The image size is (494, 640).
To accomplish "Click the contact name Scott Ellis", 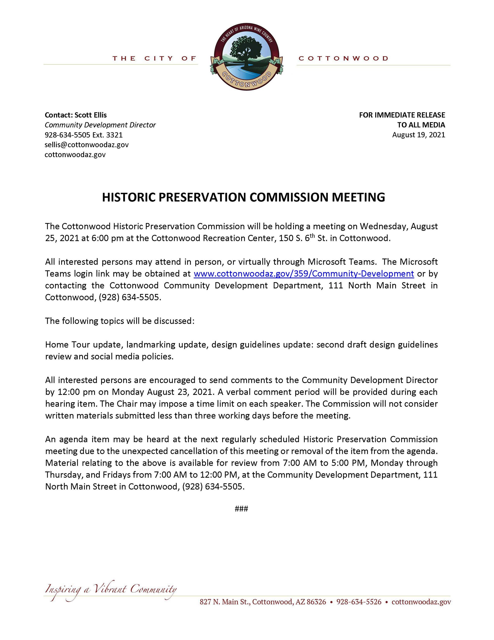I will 90,115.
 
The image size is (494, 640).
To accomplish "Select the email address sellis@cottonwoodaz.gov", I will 86,144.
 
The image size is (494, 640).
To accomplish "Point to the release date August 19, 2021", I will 419,135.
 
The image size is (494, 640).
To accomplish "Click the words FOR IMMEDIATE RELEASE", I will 402,115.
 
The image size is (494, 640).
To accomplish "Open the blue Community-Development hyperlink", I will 303,273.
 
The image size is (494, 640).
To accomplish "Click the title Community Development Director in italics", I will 100,125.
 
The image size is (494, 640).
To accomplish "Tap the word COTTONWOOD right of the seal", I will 343,58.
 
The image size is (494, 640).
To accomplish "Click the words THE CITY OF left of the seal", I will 154,58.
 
